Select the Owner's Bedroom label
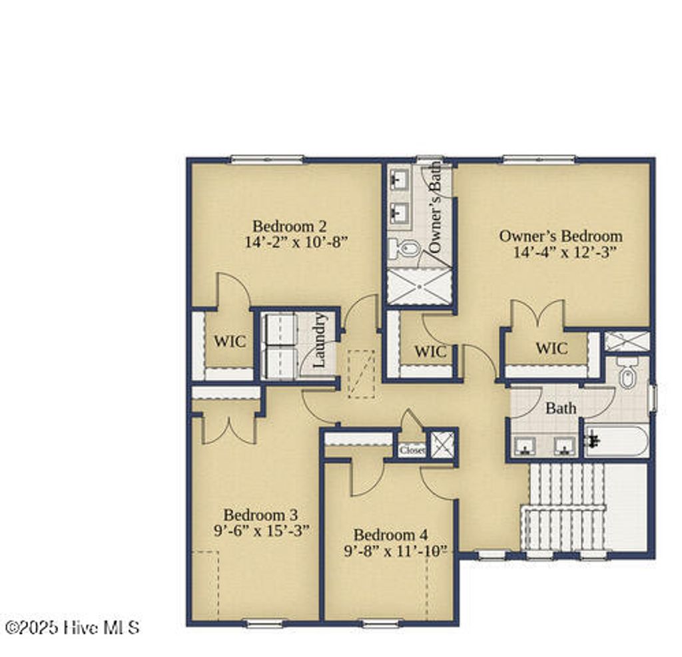pyautogui.click(x=561, y=236)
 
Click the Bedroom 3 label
pyautogui.click(x=260, y=515)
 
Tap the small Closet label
pyautogui.click(x=412, y=450)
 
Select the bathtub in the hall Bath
pyautogui.click(x=616, y=441)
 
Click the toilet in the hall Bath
pyautogui.click(x=627, y=375)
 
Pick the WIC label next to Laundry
pyautogui.click(x=229, y=341)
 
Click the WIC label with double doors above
pyautogui.click(x=551, y=348)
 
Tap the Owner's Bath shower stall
pyautogui.click(x=419, y=288)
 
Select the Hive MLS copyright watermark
pyautogui.click(x=72, y=627)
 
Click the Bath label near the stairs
pyautogui.click(x=561, y=408)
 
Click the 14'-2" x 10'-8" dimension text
pyautogui.click(x=297, y=242)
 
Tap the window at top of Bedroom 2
pyautogui.click(x=266, y=159)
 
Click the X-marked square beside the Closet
pyautogui.click(x=441, y=445)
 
